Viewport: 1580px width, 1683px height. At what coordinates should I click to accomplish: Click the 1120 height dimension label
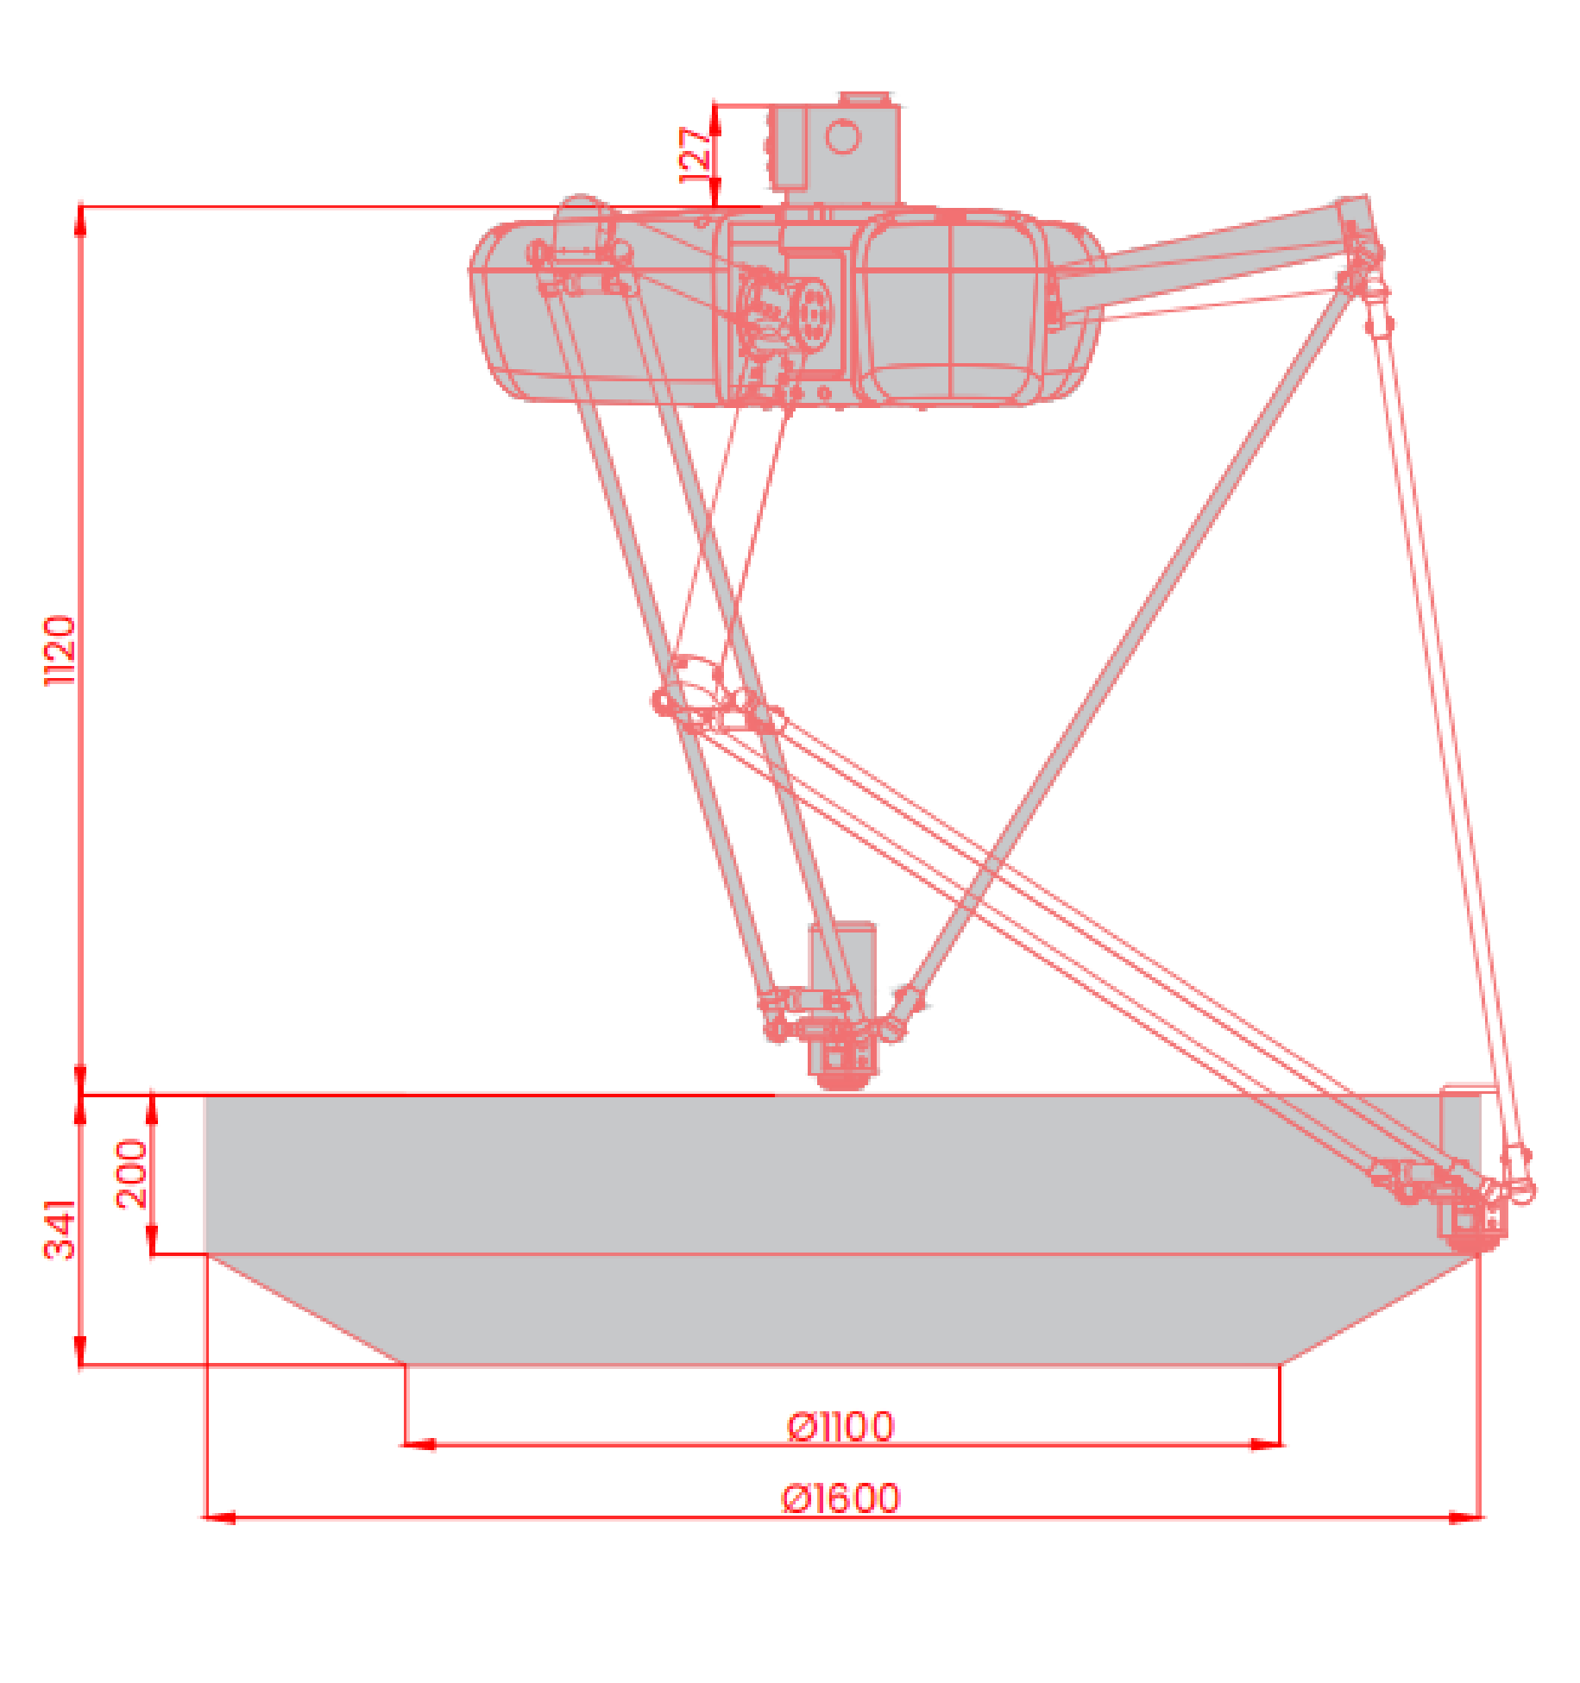(x=60, y=650)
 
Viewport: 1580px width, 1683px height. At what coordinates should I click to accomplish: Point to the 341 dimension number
(x=60, y=1229)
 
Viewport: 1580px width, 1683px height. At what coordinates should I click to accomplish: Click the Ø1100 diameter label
(x=841, y=1426)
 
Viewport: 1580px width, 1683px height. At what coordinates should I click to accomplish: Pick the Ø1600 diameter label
(x=841, y=1498)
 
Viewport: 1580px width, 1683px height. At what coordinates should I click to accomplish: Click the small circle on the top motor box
(x=843, y=136)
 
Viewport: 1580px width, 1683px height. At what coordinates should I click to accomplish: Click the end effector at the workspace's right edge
(x=1471, y=1212)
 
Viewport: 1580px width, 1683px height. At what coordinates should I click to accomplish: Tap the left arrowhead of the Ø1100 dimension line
(x=419, y=1443)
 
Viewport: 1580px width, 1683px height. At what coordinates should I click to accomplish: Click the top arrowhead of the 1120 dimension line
(x=80, y=220)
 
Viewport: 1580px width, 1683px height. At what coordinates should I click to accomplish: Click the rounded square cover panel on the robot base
(x=949, y=306)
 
